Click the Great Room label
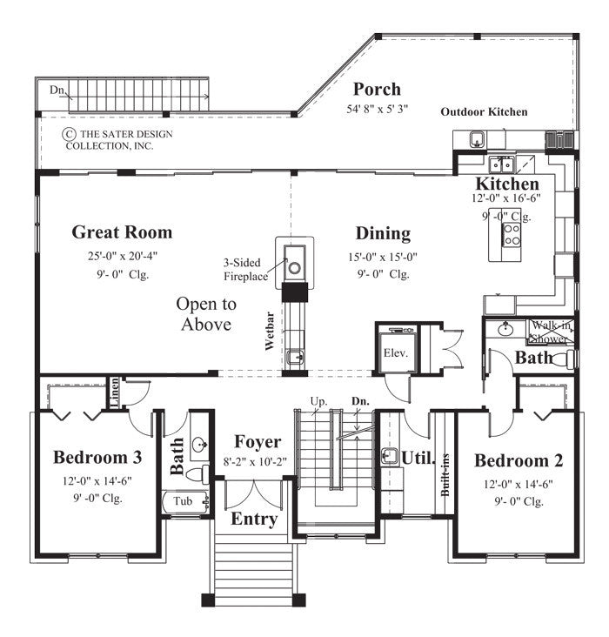122,232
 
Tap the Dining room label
383,233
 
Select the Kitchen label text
507,184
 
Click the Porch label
377,89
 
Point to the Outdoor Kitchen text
484,111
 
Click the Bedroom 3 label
97,458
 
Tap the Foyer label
257,442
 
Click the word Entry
254,520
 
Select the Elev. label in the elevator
396,353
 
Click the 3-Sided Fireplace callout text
246,266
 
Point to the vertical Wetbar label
271,332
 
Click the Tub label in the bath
183,502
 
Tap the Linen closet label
114,392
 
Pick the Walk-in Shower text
551,332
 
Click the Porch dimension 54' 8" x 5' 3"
377,110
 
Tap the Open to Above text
206,314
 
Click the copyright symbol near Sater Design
68,134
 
